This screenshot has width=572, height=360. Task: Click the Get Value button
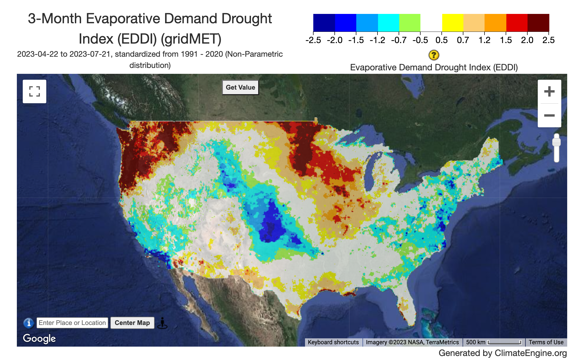[240, 87]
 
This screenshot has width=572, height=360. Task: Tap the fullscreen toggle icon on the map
[35, 91]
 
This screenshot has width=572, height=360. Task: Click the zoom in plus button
[549, 91]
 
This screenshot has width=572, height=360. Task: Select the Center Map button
[132, 323]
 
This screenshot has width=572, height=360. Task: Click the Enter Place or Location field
[72, 323]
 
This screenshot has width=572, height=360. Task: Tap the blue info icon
[29, 323]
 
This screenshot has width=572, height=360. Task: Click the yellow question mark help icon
[434, 55]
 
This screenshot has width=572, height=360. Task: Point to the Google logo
[39, 339]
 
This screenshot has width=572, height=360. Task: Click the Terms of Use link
[546, 342]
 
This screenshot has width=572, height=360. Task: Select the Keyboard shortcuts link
[333, 342]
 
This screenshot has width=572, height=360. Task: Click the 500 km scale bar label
[476, 342]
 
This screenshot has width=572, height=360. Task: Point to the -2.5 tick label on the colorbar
[313, 40]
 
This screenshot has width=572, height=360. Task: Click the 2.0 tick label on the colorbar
[527, 40]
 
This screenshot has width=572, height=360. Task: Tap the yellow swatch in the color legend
[453, 23]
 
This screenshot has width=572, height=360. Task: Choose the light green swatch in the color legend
[410, 23]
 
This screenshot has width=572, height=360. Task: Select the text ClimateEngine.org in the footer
[531, 353]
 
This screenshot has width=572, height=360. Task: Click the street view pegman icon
[162, 323]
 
